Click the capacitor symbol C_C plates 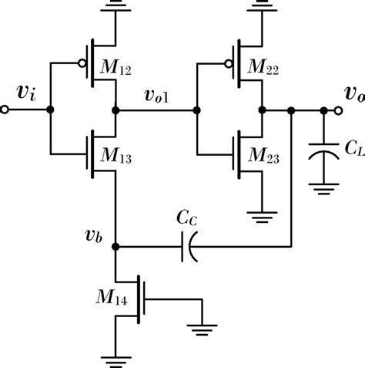187,248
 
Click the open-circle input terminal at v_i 5,110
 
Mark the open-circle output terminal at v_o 360,110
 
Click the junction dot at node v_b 116,248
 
